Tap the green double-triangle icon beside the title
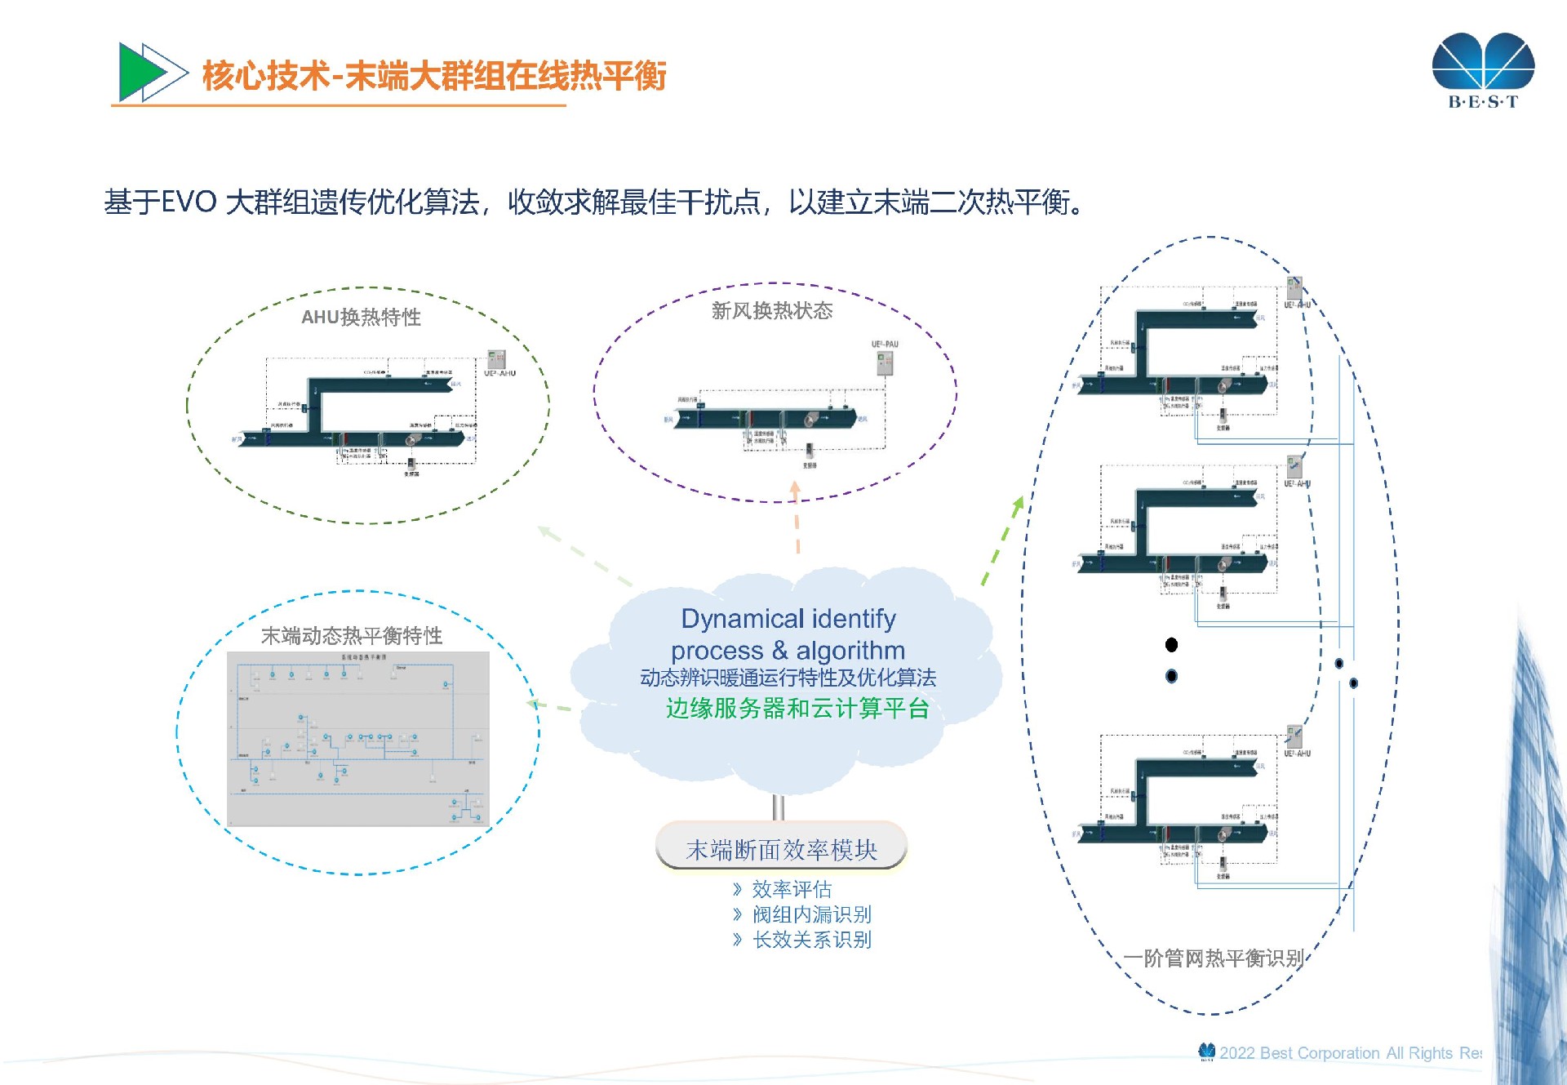tap(152, 73)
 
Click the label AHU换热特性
tap(361, 317)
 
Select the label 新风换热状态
tap(771, 310)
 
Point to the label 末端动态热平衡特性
tap(351, 635)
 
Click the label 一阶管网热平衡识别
tap(1213, 958)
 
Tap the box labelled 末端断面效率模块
tap(781, 849)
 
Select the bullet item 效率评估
tap(791, 889)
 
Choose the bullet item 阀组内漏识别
tap(811, 914)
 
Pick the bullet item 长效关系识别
tap(811, 940)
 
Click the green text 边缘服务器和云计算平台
tap(797, 708)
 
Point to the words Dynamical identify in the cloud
tap(788, 619)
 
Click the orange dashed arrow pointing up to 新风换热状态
tap(797, 518)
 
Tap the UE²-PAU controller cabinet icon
tap(885, 362)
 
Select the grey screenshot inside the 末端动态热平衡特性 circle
tap(357, 739)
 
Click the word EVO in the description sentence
tap(189, 202)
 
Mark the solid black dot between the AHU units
tap(1171, 645)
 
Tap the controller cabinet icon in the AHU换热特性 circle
tap(496, 359)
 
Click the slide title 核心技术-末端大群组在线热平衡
tap(433, 76)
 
